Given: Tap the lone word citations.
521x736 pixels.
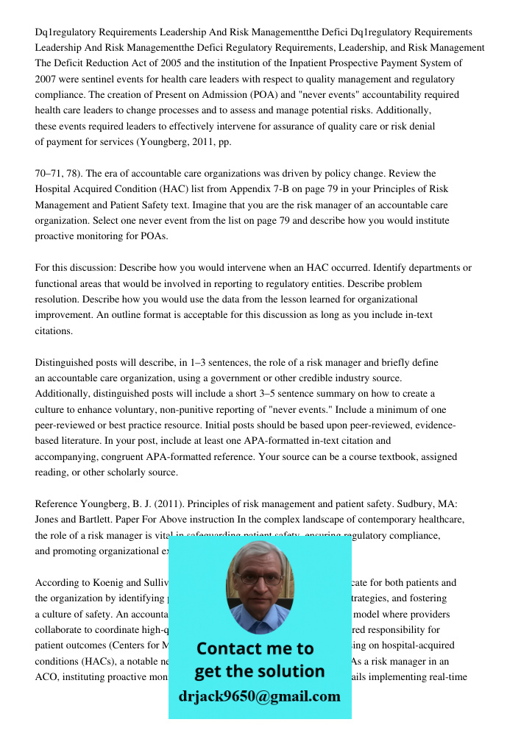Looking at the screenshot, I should click(53, 330).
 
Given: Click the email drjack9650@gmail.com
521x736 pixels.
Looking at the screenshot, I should click(260, 696).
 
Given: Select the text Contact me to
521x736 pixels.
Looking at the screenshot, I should click(255, 648).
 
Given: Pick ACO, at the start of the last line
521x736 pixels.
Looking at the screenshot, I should click(48, 676).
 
